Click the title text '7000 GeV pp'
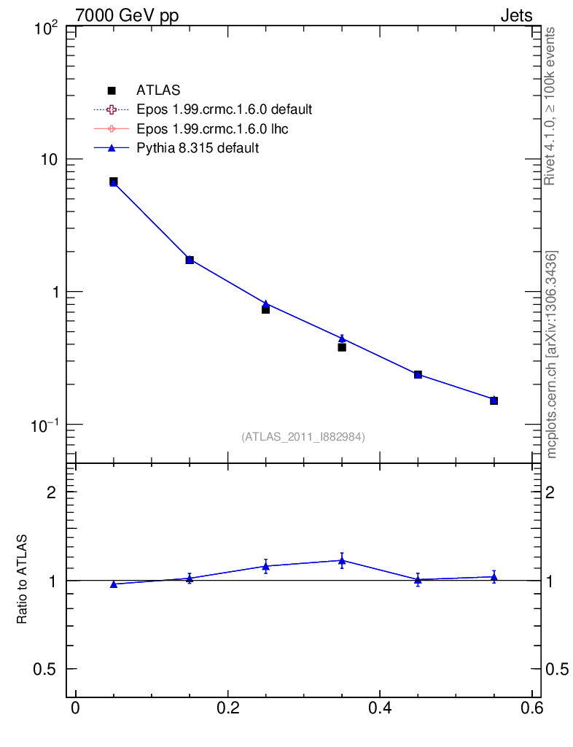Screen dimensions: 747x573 pos(127,15)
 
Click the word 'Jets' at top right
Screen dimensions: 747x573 pos(515,15)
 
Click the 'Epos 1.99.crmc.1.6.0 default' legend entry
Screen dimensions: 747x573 pos(224,109)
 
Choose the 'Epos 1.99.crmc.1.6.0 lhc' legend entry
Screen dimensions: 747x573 pos(212,128)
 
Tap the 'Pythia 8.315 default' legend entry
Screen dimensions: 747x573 pos(198,147)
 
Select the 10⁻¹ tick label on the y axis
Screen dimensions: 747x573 pos(47,425)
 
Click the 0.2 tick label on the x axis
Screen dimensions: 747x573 pos(227,710)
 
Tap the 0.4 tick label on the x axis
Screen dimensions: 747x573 pos(380,710)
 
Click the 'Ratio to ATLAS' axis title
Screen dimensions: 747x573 pos(23,579)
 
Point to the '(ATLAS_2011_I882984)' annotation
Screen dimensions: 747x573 pos(303,436)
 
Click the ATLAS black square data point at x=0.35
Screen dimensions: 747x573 pos(342,347)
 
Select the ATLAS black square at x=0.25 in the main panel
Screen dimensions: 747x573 pos(266,310)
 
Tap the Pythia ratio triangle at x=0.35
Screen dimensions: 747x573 pos(342,560)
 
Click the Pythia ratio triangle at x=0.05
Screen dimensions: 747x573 pos(114,584)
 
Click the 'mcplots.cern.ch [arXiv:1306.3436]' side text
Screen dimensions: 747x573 pos(552,355)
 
